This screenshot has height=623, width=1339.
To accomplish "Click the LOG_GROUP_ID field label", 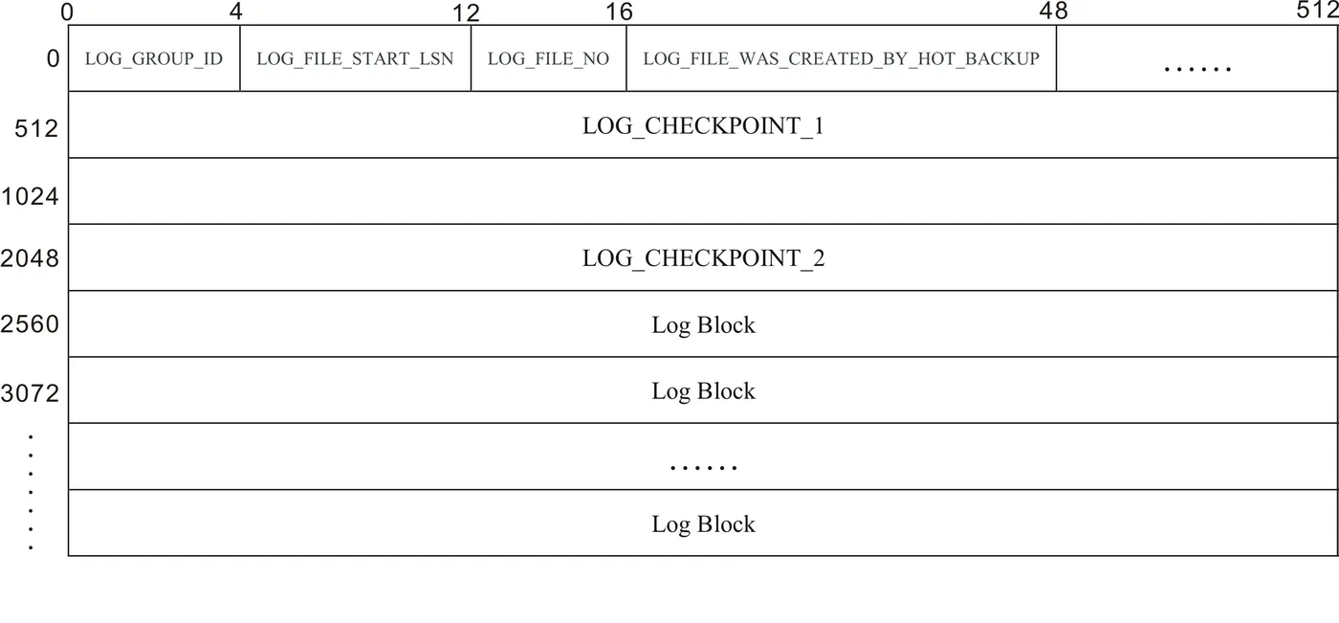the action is click(153, 59).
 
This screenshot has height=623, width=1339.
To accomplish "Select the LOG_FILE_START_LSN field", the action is click(355, 59).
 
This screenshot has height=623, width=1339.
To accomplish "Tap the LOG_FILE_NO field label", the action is click(548, 59).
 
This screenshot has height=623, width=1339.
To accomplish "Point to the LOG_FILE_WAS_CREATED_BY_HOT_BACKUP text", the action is click(841, 59).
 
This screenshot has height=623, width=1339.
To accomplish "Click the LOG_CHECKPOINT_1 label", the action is click(703, 126).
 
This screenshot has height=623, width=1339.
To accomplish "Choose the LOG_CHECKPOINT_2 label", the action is click(703, 258).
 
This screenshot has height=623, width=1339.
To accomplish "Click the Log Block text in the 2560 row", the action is click(703, 325).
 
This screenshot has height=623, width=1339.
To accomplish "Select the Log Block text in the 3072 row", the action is click(703, 391).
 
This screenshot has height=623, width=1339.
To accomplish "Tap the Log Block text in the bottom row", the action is click(703, 524).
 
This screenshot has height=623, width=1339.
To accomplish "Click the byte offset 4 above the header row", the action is click(235, 12).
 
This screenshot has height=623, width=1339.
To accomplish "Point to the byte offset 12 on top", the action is click(465, 14).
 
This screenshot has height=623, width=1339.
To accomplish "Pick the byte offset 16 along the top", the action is click(619, 12).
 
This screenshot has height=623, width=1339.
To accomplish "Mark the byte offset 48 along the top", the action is click(1053, 12).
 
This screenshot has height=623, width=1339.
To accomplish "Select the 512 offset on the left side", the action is click(36, 128).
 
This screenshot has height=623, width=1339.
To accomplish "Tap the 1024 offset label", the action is click(30, 196).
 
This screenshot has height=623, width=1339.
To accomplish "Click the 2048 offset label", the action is click(30, 258).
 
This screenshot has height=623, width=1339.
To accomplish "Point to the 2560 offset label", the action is click(30, 324).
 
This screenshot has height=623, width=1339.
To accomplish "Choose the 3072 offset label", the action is click(30, 392).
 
